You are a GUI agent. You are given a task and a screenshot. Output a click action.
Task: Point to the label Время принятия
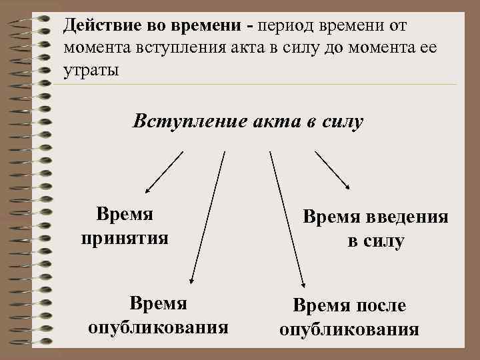(x=125, y=225)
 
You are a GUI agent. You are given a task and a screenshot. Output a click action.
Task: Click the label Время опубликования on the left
(x=158, y=316)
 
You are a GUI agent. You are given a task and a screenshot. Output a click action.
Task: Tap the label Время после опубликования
(x=349, y=317)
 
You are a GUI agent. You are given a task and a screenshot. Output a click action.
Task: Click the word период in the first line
(x=289, y=25)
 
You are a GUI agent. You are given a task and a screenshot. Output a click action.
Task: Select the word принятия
(x=125, y=237)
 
